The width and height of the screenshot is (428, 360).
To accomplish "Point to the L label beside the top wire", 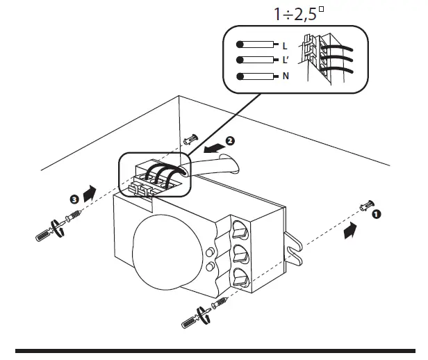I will (x=285, y=45).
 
